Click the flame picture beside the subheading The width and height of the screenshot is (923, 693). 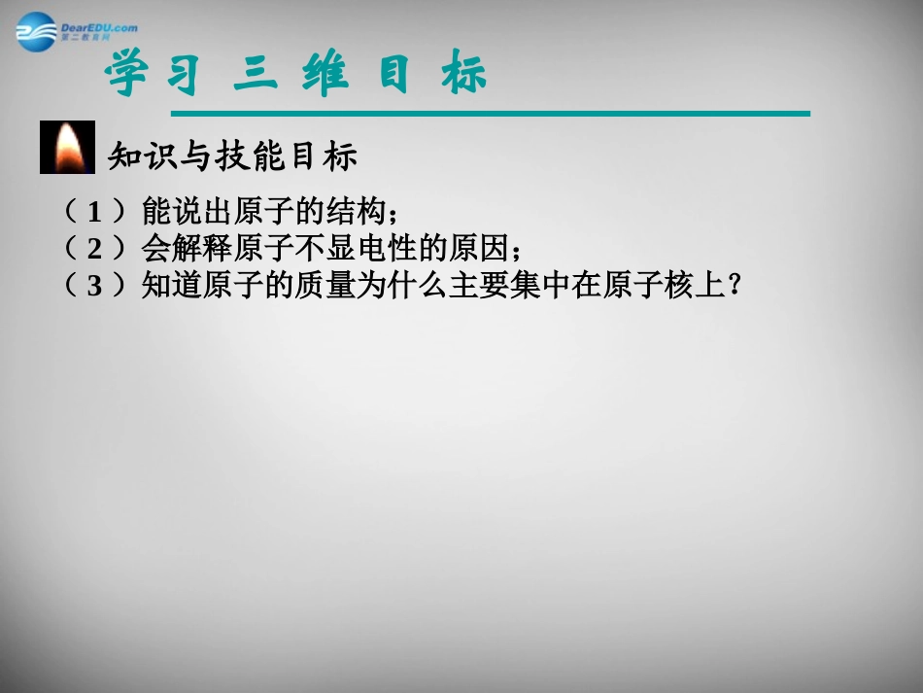pyautogui.click(x=67, y=147)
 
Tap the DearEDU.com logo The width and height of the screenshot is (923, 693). pyautogui.click(x=76, y=30)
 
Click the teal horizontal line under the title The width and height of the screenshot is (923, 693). pyautogui.click(x=457, y=114)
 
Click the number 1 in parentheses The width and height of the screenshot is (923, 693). pyautogui.click(x=94, y=211)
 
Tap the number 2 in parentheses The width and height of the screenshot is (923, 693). pyautogui.click(x=94, y=248)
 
